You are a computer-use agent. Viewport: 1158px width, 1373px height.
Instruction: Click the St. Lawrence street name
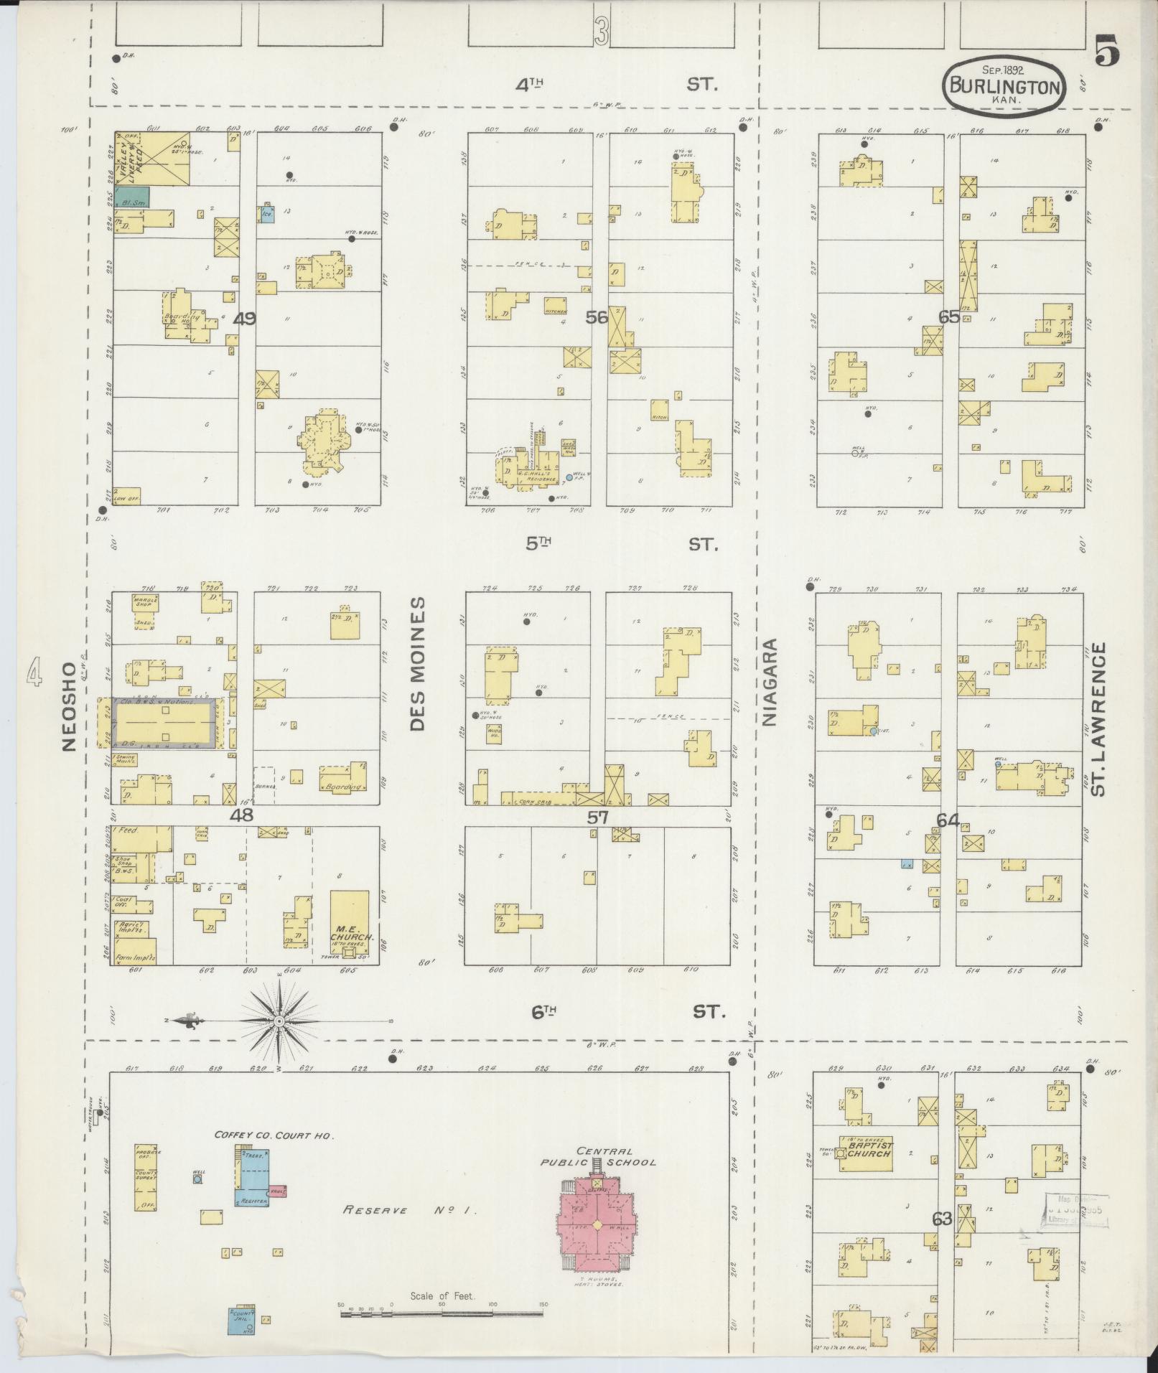click(1096, 718)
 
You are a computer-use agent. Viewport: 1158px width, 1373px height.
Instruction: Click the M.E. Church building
click(350, 926)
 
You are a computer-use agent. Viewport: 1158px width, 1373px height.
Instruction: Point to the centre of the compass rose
click(279, 1020)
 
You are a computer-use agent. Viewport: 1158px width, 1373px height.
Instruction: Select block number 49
click(246, 318)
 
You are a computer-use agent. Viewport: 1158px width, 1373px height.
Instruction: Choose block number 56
click(596, 317)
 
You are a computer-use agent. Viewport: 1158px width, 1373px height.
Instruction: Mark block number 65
click(948, 317)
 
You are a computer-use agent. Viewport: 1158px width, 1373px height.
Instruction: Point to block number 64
click(948, 820)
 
